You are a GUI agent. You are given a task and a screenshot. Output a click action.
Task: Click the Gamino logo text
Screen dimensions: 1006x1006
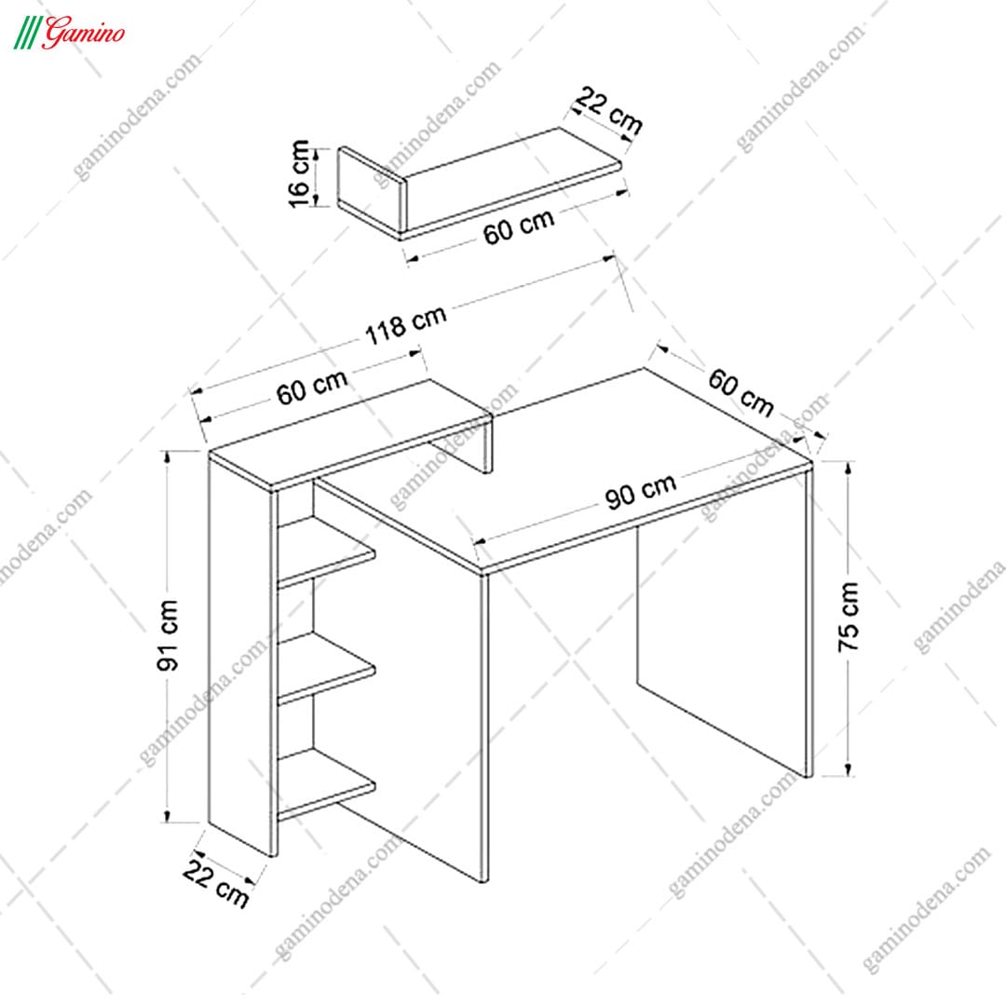coord(84,32)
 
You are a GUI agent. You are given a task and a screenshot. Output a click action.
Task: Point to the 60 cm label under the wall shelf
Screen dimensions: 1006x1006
coord(519,226)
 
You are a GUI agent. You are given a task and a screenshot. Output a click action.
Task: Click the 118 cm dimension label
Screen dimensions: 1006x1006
coord(405,325)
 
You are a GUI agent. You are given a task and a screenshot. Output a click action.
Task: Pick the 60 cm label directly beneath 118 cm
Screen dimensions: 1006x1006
coord(312,387)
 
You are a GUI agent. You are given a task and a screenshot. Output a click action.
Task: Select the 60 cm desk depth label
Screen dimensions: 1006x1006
coord(741,392)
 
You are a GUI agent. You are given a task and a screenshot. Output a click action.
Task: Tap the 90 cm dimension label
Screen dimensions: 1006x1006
coord(640,491)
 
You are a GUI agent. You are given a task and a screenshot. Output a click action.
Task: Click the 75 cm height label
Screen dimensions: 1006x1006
coord(849,618)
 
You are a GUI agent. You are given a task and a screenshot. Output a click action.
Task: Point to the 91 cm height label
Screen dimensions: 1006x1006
coord(168,635)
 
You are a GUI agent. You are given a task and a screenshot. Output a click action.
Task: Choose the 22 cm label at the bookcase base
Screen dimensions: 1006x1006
coord(215,883)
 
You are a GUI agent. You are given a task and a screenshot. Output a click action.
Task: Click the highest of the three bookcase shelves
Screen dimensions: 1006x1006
coord(325,552)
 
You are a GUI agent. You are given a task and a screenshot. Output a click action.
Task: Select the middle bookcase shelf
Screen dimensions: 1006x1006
coord(325,669)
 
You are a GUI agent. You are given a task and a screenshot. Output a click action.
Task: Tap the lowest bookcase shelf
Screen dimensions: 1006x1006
coord(325,785)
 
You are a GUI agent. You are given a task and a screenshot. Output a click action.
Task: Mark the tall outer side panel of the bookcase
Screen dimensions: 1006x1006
coord(242,655)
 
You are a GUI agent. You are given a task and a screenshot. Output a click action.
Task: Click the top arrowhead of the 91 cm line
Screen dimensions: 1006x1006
coord(168,456)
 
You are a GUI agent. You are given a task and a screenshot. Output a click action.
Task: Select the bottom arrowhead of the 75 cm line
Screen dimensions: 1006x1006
coord(849,768)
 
